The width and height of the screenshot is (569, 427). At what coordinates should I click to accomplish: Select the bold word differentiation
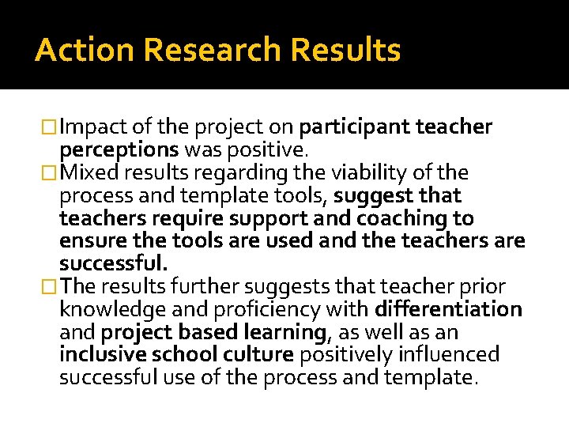coord(449,309)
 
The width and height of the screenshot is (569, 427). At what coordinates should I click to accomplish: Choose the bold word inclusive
coord(104,354)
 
